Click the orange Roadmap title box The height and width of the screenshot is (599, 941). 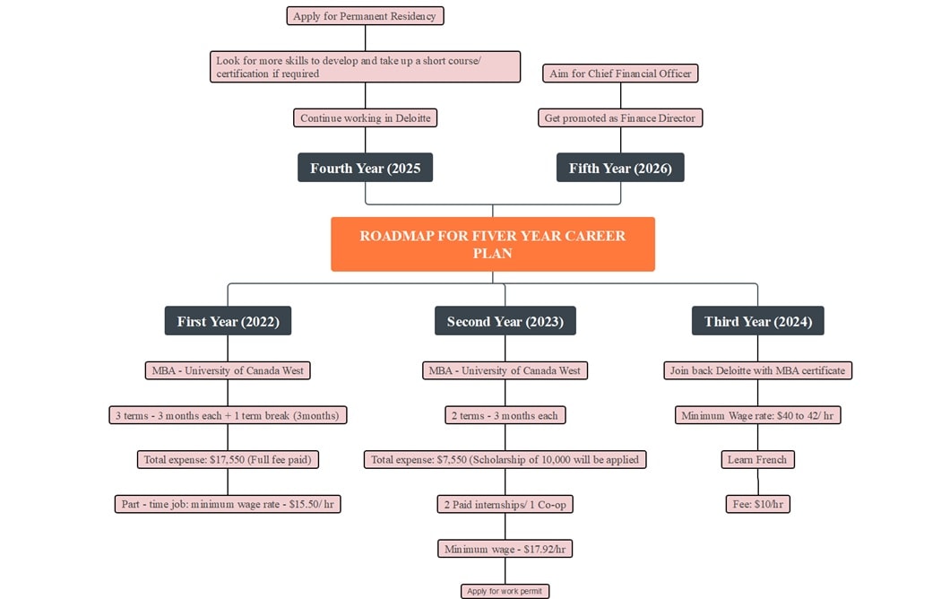click(492, 244)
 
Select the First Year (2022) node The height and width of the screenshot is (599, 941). click(228, 321)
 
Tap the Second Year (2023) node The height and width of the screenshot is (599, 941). click(505, 321)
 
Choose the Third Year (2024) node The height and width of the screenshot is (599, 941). click(757, 321)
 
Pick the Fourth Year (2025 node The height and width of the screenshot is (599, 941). click(365, 168)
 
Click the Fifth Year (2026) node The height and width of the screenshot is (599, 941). click(620, 168)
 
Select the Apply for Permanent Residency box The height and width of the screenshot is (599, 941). click(365, 16)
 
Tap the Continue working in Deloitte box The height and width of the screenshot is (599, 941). click(365, 117)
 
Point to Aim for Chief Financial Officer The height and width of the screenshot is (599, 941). click(620, 74)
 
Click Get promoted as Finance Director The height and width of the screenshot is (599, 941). click(620, 117)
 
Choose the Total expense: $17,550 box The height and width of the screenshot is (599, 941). click(228, 459)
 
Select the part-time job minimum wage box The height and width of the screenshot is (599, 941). click(228, 504)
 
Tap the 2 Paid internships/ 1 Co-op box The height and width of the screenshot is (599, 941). click(505, 504)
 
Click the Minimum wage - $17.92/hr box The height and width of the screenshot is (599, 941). click(505, 549)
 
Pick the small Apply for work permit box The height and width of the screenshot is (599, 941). click(505, 591)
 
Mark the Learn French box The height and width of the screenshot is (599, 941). click(757, 459)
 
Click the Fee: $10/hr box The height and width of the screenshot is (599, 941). click(757, 504)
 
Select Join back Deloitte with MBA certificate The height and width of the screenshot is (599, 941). click(757, 370)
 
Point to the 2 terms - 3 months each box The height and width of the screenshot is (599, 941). click(505, 415)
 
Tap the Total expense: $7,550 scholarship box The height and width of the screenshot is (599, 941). click(505, 459)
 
